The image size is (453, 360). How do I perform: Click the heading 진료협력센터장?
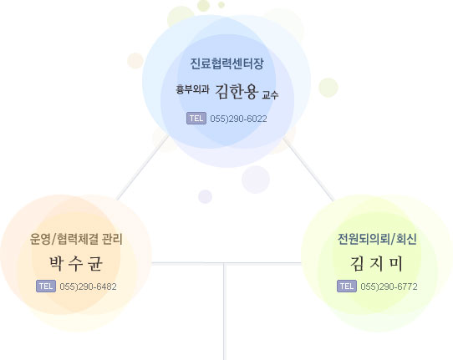point(226,63)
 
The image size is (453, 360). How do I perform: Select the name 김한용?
point(237,91)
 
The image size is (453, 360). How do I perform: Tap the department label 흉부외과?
point(192,89)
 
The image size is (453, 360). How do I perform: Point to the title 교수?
point(270,94)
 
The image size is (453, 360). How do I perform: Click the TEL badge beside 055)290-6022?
point(196,119)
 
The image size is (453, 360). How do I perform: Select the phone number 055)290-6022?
point(238,119)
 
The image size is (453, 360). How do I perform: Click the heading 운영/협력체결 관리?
point(76,239)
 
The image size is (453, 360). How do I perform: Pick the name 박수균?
point(76,263)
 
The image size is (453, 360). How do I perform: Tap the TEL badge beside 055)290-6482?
point(46,286)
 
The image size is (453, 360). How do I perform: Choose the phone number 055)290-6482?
point(88,286)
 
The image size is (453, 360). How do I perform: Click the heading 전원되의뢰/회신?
point(377,239)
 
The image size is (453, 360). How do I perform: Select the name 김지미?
point(377,263)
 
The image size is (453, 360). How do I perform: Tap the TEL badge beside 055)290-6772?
point(347,286)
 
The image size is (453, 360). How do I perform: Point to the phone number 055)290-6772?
point(389,286)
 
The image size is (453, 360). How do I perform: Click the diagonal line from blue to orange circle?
point(142,168)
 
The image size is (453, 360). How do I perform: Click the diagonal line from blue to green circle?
point(308,170)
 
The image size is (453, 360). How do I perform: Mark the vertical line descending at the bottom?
point(224,312)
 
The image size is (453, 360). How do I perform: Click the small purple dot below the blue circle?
point(205,196)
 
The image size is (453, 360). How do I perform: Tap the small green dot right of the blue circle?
point(328,88)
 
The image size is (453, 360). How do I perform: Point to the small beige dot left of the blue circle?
point(135,61)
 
